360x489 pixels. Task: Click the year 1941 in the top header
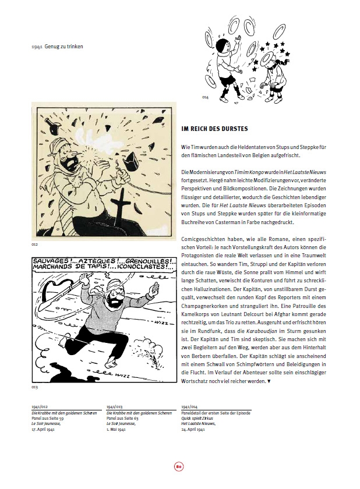38,46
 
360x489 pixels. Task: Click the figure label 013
34,387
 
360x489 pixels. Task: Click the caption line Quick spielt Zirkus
197,417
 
